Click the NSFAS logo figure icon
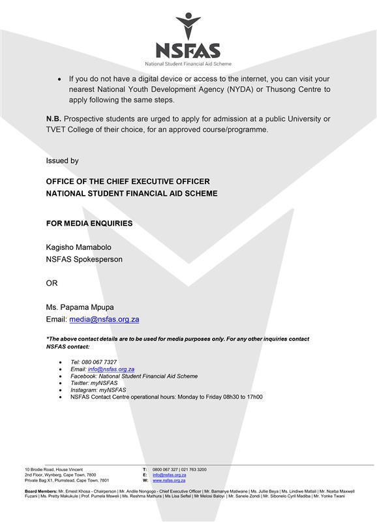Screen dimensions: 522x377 tap(188, 25)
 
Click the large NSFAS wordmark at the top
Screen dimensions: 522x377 tap(188, 50)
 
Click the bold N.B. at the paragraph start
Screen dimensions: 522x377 tap(53, 119)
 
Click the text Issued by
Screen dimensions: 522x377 tap(62, 161)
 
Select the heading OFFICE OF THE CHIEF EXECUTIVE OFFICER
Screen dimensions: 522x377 tap(128, 181)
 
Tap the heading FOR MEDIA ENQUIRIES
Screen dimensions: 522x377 tap(89, 223)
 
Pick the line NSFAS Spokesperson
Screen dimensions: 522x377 tap(84, 259)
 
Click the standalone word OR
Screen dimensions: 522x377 tap(52, 284)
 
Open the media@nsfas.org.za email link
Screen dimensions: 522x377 tap(104, 320)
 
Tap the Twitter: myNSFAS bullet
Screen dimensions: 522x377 tap(94, 383)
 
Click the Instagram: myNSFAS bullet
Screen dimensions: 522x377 tap(98, 390)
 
